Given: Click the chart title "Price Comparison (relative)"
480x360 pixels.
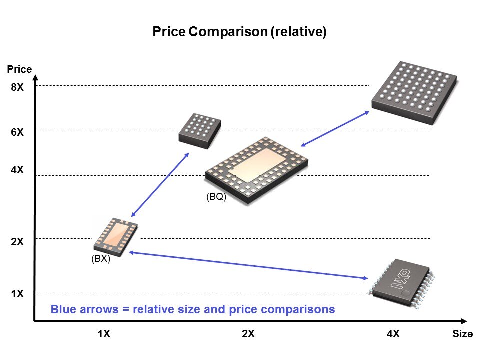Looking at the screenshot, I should pos(239,32).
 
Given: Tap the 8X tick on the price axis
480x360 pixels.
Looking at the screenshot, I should pos(17,88).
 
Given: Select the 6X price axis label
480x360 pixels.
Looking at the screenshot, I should pos(17,132).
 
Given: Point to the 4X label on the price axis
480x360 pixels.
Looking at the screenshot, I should pos(17,170).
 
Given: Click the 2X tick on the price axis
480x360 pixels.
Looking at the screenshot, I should pos(17,242).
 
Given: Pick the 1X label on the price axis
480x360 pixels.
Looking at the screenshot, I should pos(17,294).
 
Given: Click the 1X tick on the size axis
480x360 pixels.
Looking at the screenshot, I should pos(104,334).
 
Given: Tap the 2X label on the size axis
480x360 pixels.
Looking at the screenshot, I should pos(248,334).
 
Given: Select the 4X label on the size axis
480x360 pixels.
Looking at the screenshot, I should pos(393,334).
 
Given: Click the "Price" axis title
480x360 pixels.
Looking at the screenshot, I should pos(20,69).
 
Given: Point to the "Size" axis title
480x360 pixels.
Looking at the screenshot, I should pos(462,334).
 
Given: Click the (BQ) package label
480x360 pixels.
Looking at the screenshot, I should pos(216,197).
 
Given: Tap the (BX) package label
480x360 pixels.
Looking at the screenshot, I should pos(101,259).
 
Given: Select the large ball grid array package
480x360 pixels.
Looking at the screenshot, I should pos(414,92).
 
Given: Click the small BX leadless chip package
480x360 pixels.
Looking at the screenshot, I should pos(116,234).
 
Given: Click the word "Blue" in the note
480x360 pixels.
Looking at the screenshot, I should pos(63,309).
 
